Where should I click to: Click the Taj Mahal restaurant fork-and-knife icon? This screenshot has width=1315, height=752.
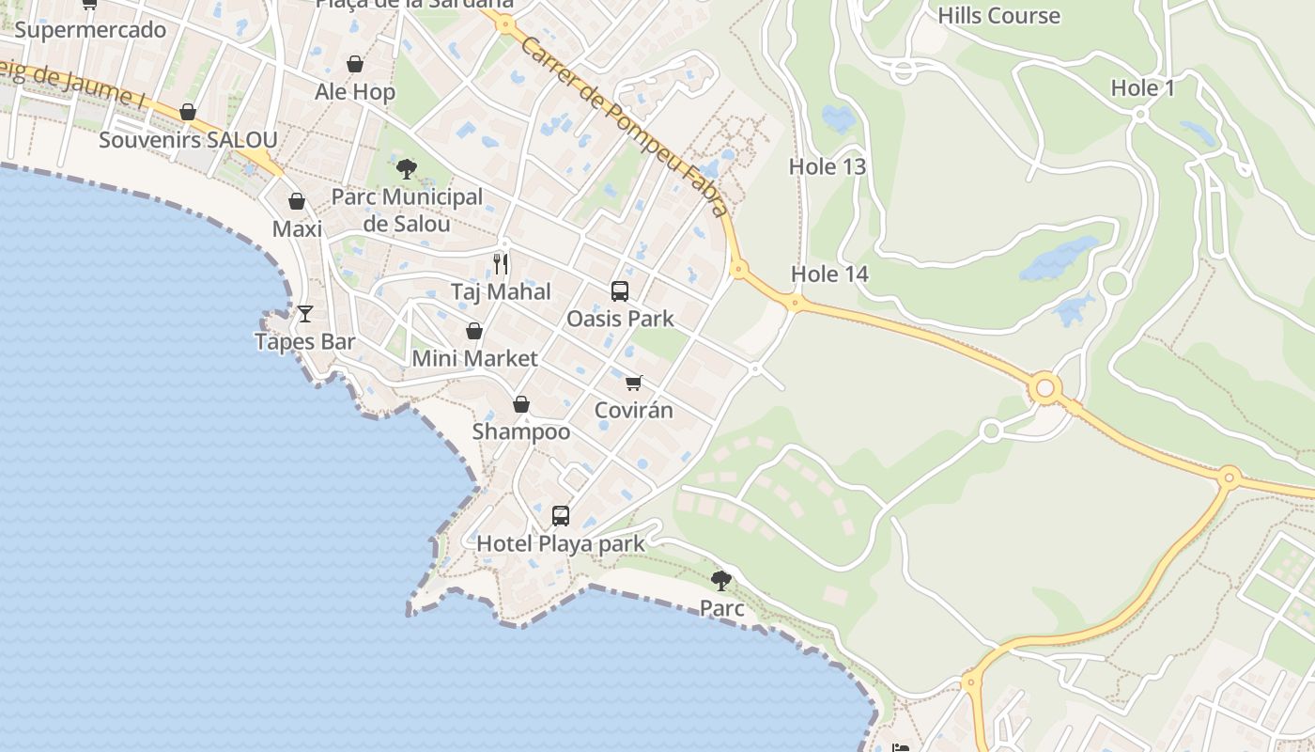point(501,264)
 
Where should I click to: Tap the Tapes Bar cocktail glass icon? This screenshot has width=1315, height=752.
point(305,314)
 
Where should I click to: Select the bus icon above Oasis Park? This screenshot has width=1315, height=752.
point(620,291)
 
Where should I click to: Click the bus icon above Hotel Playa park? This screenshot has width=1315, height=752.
point(561,516)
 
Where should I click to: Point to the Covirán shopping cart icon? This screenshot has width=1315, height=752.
point(634,383)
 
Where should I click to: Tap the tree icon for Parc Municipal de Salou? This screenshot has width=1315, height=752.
point(407,169)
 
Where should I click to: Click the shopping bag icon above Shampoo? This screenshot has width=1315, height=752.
point(521,404)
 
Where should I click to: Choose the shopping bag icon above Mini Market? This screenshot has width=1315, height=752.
point(474,331)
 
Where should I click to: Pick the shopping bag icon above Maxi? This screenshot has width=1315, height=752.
point(297,201)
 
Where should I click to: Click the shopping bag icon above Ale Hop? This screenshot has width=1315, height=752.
point(355,64)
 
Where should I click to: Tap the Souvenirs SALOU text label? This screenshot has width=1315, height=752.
point(188,140)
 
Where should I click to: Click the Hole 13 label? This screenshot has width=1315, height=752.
point(828,166)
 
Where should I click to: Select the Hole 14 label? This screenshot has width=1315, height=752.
point(829,274)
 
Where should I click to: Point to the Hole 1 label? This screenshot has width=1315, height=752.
point(1143,88)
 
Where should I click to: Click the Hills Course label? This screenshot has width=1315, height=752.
point(998,16)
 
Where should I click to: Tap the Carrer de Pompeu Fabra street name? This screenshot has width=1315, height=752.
point(623,127)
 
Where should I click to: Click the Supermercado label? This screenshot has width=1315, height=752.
point(90,30)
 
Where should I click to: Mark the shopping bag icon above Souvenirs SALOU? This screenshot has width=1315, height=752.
point(188,113)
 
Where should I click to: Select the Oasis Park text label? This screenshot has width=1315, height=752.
point(620,319)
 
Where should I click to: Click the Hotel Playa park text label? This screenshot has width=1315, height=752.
point(561,543)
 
